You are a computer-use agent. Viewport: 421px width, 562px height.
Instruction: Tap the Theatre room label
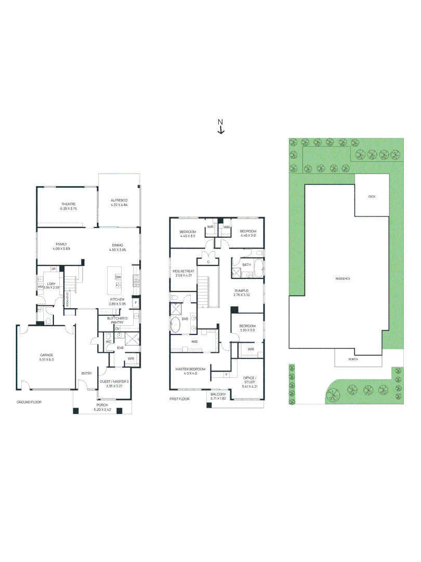68,203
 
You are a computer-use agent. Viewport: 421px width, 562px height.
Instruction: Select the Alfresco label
119,200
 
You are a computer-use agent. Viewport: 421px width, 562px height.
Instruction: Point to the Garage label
47,355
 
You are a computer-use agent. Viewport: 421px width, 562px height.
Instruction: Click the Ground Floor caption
29,402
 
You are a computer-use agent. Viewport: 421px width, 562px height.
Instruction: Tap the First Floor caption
179,399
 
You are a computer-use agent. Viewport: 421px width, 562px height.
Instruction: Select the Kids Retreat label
183,271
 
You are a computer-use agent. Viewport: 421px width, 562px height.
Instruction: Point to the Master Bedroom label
190,369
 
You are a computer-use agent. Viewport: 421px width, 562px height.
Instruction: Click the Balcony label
218,394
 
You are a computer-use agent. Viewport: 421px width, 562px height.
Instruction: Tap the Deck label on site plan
372,197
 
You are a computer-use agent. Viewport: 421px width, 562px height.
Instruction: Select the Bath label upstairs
246,265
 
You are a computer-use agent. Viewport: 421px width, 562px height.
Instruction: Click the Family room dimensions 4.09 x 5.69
61,249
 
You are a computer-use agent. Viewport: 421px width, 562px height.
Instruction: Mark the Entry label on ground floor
86,373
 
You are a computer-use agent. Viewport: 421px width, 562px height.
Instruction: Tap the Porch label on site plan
353,359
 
